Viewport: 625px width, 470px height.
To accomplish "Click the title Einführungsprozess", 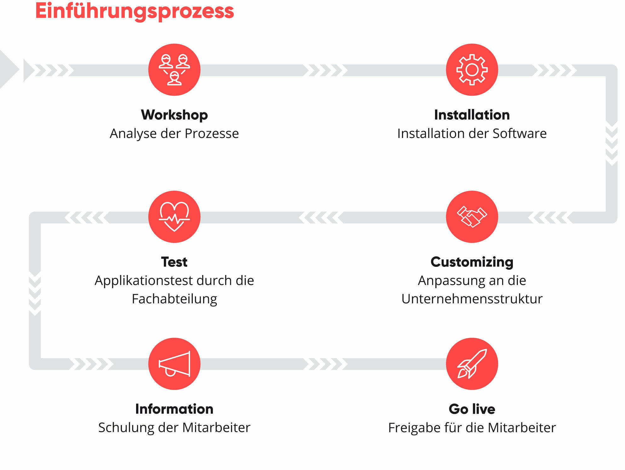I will coord(135,11).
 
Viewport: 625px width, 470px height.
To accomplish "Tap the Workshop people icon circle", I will coord(174,70).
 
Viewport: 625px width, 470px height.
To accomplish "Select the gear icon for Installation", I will coord(472,70).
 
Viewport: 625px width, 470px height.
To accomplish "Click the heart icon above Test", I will coord(174,217).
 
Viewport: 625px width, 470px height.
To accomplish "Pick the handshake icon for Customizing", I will coord(472,217).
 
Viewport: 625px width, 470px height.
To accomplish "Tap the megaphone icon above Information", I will coord(174,364).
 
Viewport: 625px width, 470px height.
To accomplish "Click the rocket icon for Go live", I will coord(472,364).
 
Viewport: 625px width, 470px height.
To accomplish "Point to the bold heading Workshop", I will coord(174,115).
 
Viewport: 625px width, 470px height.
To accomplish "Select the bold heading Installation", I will coord(472,115).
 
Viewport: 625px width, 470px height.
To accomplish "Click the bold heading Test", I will coord(174,262).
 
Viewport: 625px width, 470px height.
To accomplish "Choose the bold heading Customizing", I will coord(472,262).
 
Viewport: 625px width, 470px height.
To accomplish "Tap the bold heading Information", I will coord(174,409).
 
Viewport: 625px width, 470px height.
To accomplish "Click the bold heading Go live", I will coord(472,409).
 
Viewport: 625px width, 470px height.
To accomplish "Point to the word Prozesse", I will coord(211,134).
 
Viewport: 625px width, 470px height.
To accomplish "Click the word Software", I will coord(519,134).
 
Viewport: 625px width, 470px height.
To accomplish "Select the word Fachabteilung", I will coord(174,299).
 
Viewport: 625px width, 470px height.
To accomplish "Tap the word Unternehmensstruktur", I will coord(472,299).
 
